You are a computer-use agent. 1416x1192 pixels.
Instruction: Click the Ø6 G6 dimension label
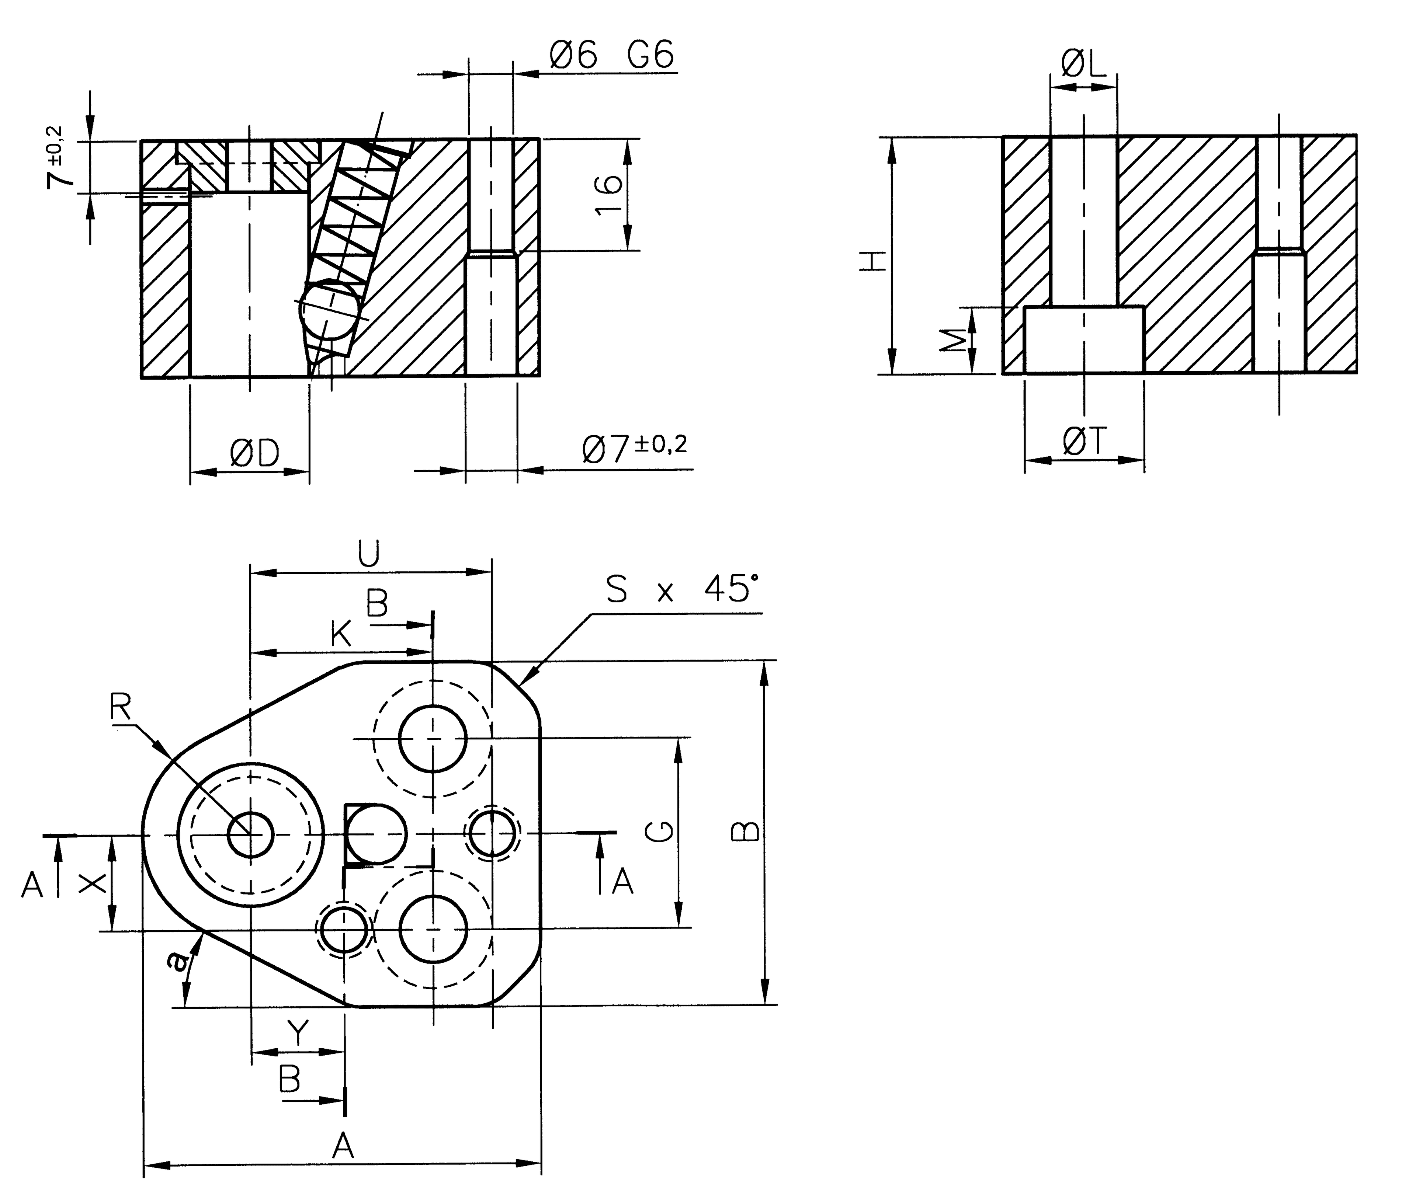click(x=612, y=55)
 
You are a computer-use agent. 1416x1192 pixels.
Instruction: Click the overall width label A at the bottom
click(x=343, y=1146)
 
